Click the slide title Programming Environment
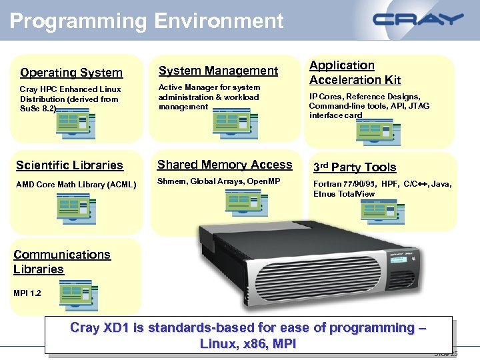point(147,21)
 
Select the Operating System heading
point(71,73)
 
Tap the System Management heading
point(218,71)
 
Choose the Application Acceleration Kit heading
point(355,73)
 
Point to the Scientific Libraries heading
point(69,165)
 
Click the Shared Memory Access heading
point(225,165)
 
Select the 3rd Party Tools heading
point(355,167)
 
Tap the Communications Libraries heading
point(61,262)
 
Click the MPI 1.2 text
point(27,293)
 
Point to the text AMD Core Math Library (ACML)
point(77,185)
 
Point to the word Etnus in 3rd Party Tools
point(324,194)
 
